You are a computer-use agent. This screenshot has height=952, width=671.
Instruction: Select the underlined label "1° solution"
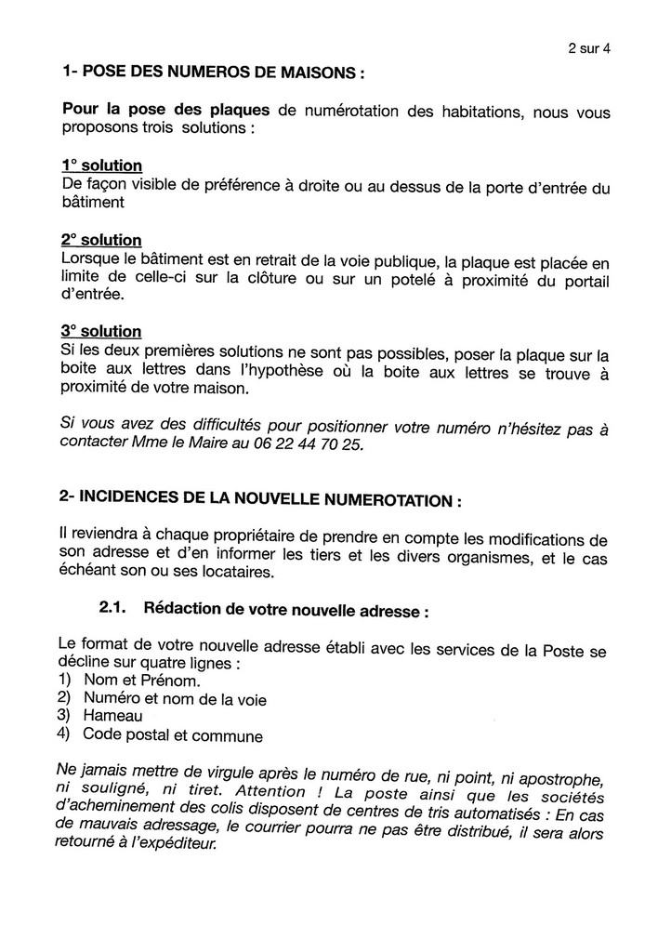click(x=101, y=165)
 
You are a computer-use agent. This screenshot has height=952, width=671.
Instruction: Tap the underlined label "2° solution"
click(x=101, y=240)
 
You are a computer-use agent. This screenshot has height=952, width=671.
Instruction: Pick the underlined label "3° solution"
click(x=101, y=331)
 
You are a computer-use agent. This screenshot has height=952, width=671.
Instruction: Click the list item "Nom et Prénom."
click(x=141, y=680)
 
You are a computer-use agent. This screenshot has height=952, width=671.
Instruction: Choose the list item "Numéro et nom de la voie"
click(x=174, y=697)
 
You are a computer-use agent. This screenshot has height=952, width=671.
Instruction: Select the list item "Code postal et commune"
click(x=172, y=735)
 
